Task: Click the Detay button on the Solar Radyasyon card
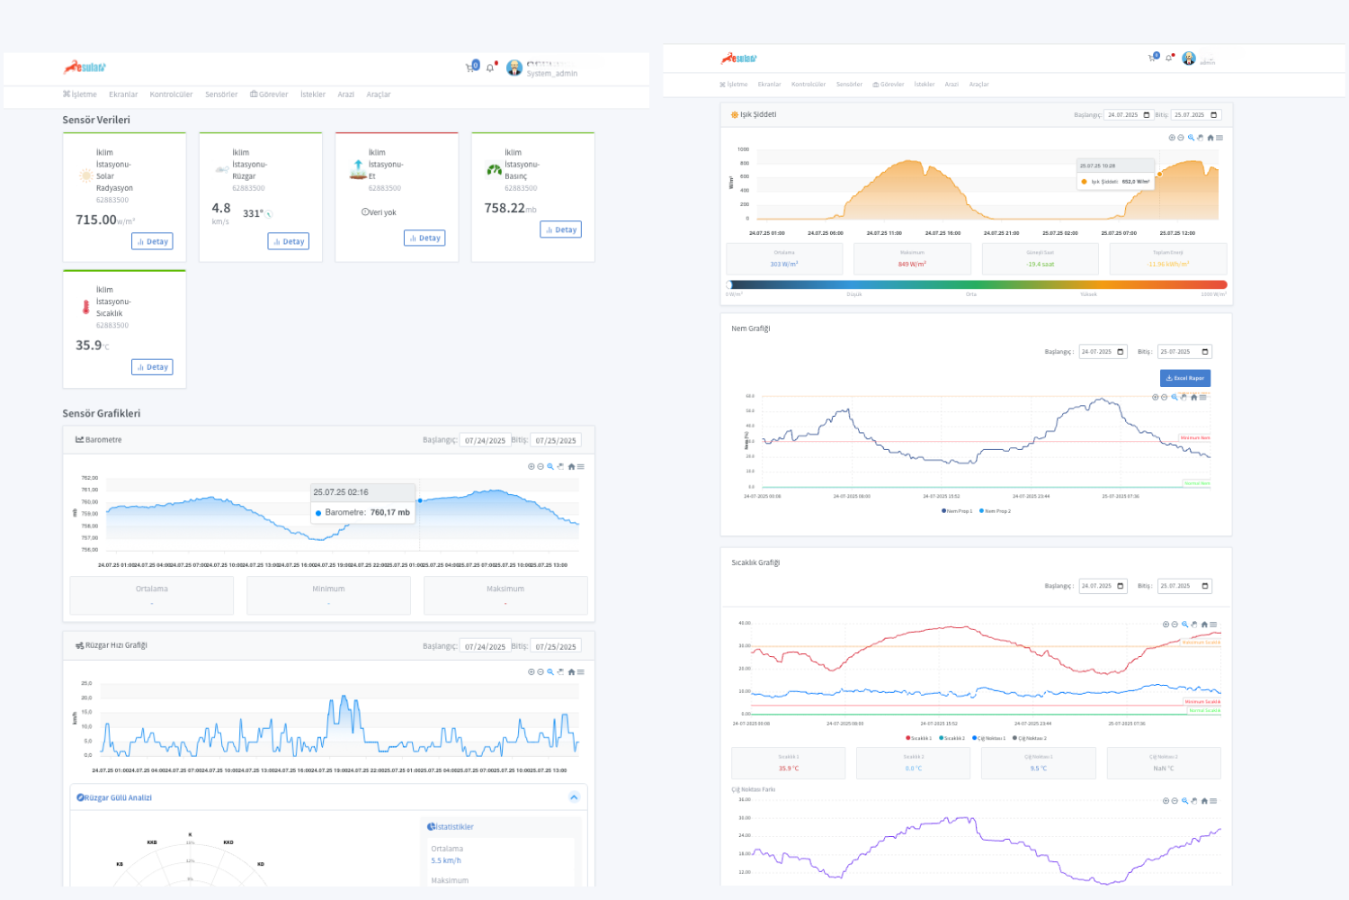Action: [152, 241]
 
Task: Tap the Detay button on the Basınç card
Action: [560, 229]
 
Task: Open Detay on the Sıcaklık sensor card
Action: [152, 367]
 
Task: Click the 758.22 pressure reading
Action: [505, 208]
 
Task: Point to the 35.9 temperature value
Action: [88, 346]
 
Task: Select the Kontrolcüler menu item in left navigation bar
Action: [171, 94]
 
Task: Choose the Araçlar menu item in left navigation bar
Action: [378, 94]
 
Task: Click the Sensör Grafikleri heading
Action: [101, 413]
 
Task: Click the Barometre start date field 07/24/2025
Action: [485, 441]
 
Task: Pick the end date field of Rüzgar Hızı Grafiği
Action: [555, 646]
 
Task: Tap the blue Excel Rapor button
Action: [1184, 378]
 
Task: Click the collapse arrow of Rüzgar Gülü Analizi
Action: [574, 797]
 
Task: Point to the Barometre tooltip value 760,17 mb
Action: [389, 512]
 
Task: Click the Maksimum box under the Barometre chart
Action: [505, 595]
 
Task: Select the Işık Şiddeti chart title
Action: [757, 115]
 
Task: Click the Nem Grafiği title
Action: [750, 328]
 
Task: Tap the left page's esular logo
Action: [85, 67]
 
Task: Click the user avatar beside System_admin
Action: [514, 67]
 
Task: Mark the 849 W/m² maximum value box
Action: [911, 259]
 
